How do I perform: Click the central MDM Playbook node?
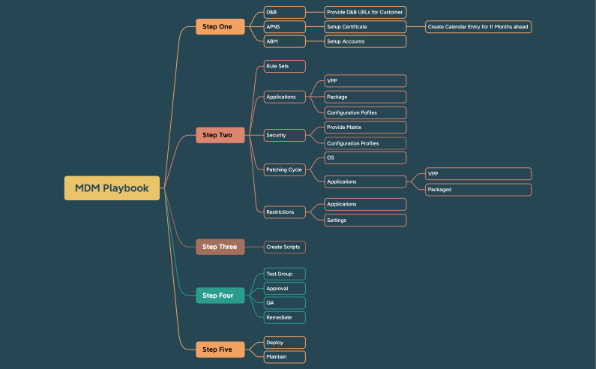point(112,188)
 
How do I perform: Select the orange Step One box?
point(220,27)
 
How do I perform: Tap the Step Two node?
point(220,135)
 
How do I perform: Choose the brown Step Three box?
point(220,247)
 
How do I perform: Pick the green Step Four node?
point(220,295)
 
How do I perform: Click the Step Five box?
point(220,349)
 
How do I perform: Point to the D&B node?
point(284,12)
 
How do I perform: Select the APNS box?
point(284,27)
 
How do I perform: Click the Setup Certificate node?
point(365,27)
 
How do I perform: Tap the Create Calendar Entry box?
point(478,27)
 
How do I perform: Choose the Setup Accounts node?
point(365,41)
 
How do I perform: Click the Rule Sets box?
point(284,67)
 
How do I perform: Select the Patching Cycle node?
point(284,169)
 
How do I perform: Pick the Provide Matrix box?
point(365,127)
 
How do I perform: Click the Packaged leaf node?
point(478,190)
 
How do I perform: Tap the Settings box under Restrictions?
point(365,220)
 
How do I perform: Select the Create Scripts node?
point(284,247)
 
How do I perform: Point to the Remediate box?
point(284,317)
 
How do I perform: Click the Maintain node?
point(284,356)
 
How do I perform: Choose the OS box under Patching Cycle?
point(365,158)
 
